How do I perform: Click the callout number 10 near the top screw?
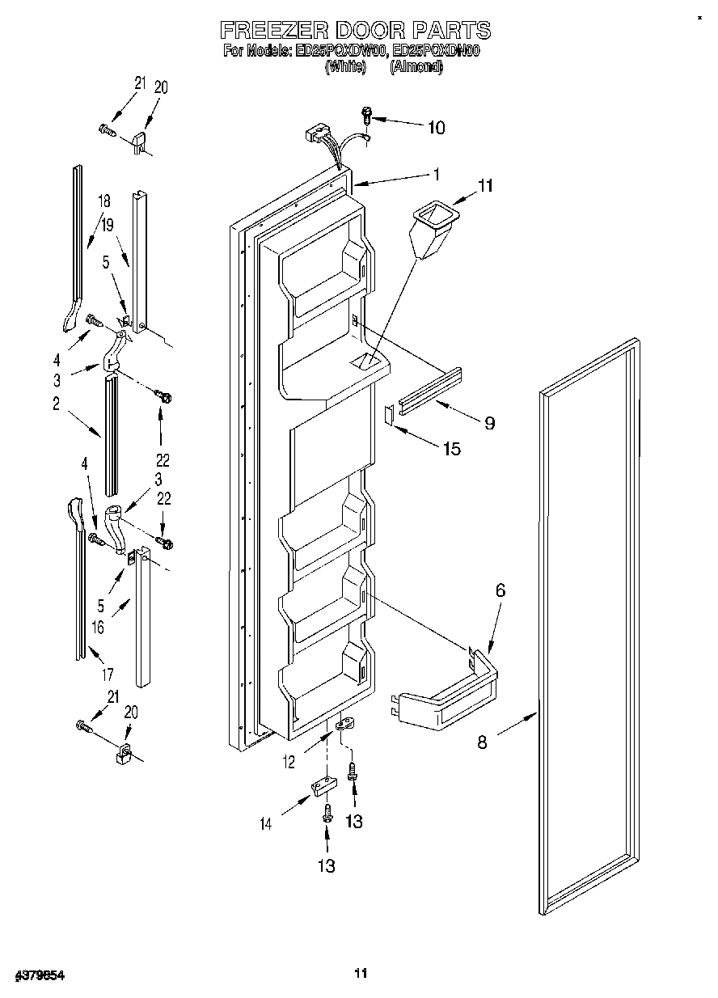coord(435,127)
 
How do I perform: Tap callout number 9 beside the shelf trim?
coord(489,422)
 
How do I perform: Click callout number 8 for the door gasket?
coord(482,741)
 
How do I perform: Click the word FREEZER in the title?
coord(269,30)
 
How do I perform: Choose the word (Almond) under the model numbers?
coord(416,68)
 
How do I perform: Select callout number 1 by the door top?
coord(436,173)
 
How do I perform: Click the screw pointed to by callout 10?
coord(366,116)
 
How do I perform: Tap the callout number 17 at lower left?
coord(108,673)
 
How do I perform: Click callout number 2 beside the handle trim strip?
coord(57,404)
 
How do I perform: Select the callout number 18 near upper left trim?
coord(103,201)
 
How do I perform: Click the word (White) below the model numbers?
coord(346,68)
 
